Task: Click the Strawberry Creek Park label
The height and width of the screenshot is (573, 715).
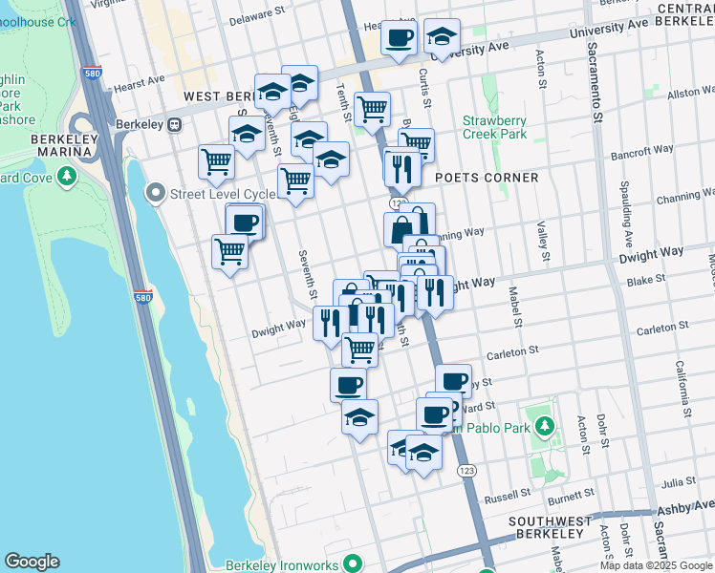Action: click(494, 127)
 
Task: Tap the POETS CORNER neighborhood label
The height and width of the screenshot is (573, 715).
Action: click(486, 178)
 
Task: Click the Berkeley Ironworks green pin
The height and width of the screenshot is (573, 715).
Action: click(353, 563)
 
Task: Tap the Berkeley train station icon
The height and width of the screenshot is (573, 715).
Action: click(175, 125)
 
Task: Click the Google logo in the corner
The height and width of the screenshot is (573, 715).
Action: click(32, 562)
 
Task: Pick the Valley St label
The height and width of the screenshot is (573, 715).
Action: click(542, 243)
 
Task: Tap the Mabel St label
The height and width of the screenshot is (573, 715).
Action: click(514, 307)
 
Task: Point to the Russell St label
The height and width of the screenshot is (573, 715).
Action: click(507, 497)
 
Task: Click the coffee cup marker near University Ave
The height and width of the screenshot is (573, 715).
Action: click(398, 37)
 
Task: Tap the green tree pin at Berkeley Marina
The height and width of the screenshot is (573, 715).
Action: click(67, 176)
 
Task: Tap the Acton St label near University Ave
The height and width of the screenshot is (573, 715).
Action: click(540, 69)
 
